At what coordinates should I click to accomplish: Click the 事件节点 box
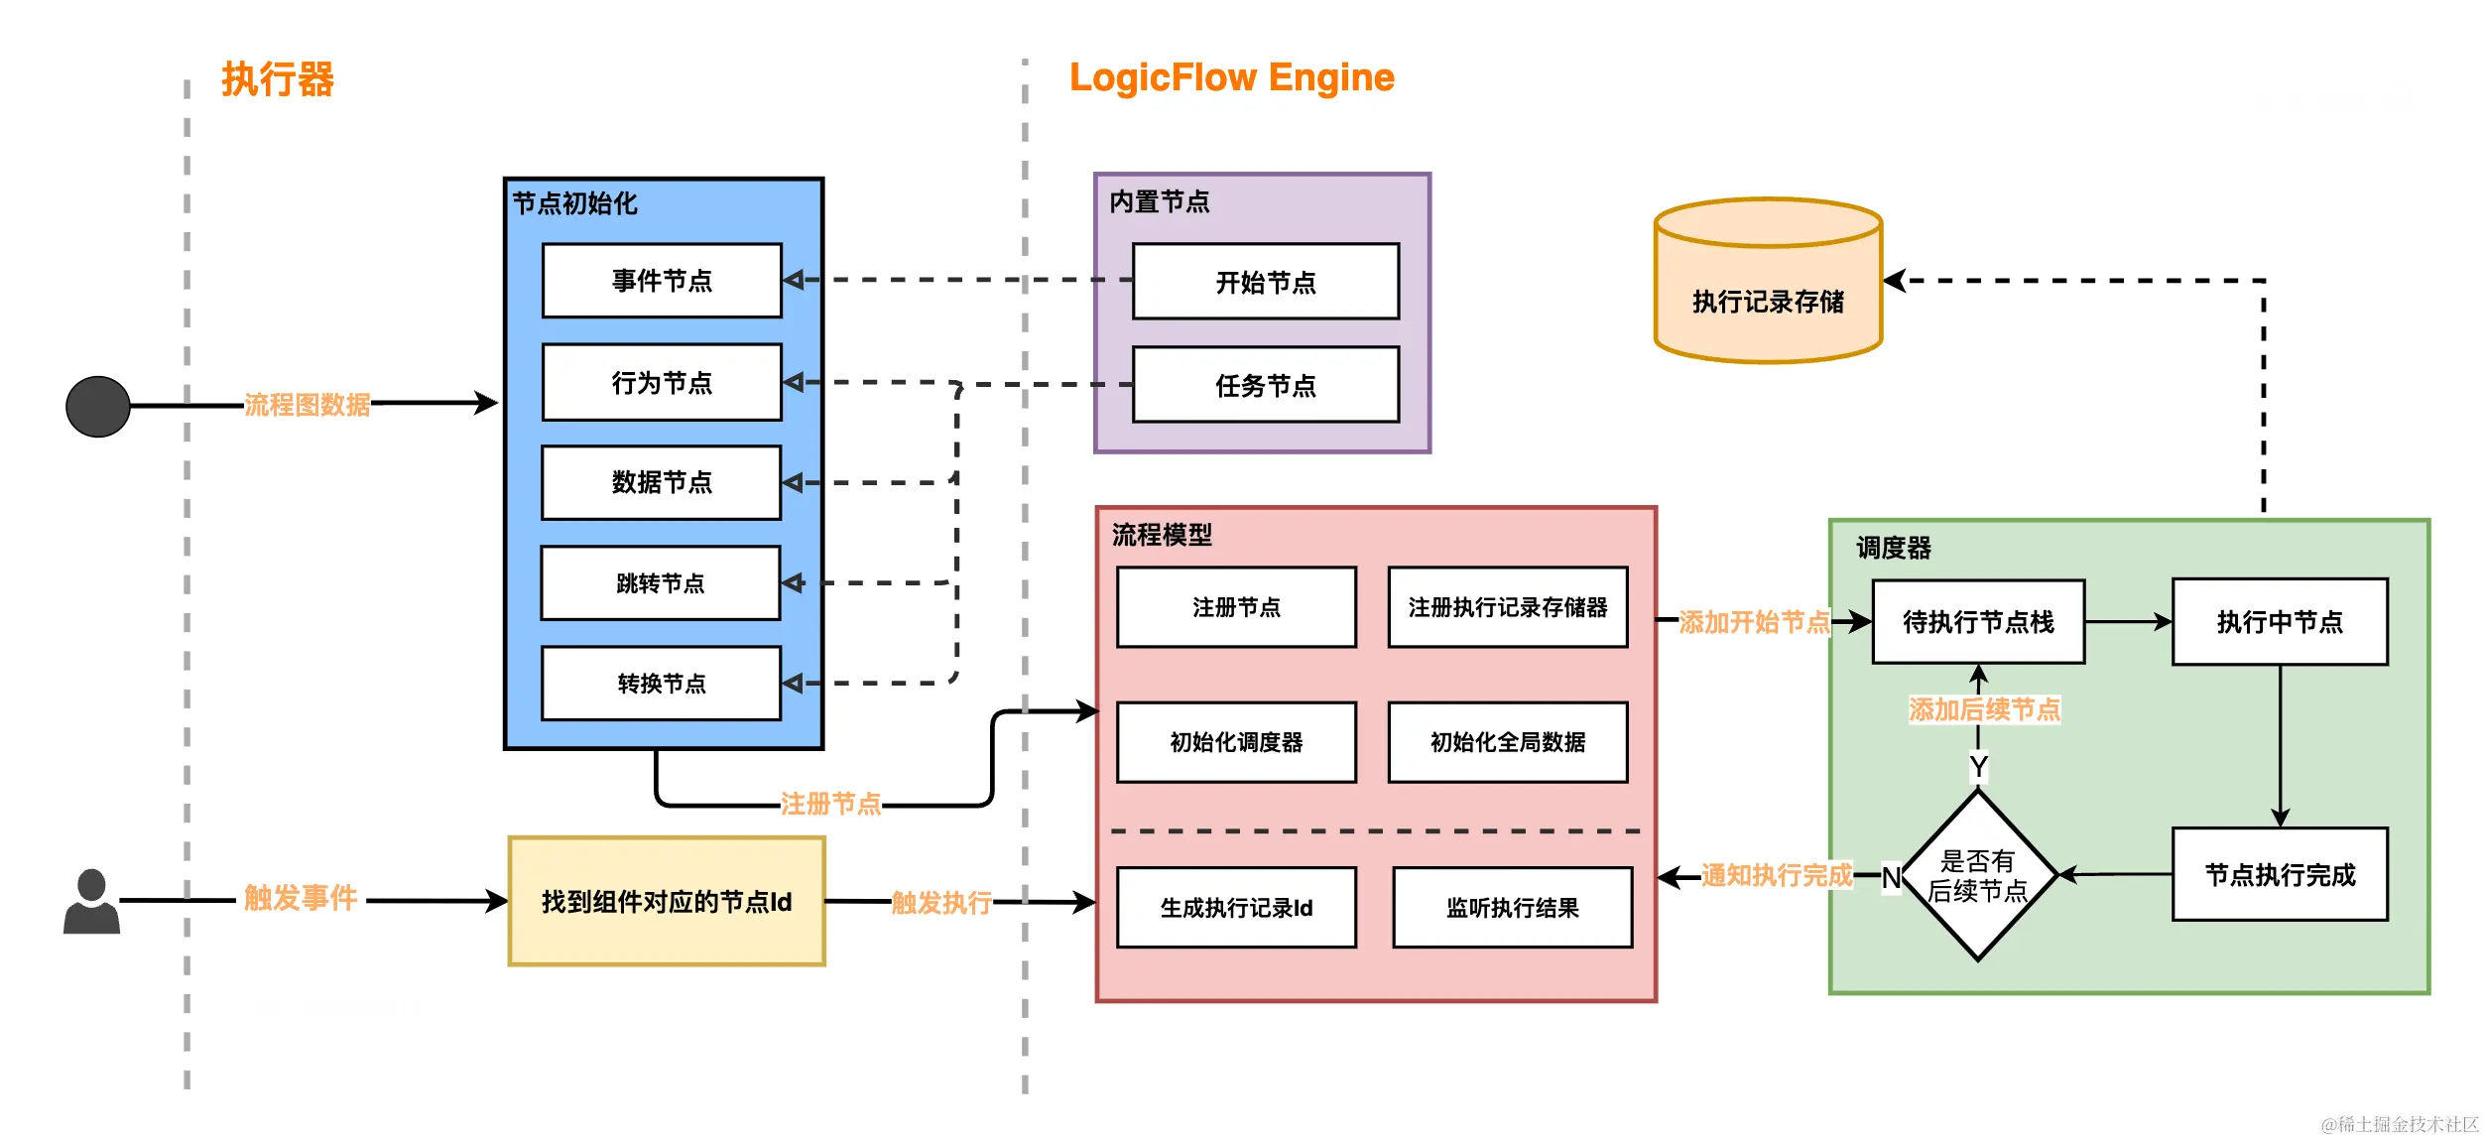662,281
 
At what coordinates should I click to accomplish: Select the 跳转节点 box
661,583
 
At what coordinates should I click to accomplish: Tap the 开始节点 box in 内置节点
1266,282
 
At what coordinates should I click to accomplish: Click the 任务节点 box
1266,385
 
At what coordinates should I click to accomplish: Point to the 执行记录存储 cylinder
1768,288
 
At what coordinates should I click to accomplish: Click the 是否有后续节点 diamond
1977,875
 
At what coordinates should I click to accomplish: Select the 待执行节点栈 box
1978,622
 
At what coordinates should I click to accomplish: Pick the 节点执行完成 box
2280,875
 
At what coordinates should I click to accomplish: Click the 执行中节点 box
2280,622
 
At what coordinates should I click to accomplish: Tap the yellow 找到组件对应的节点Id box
667,901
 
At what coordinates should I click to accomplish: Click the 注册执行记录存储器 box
1508,607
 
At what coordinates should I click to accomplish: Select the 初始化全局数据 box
1508,742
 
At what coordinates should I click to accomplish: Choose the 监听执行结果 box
1512,908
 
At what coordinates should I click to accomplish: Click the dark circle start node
97,407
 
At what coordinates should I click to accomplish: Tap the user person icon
91,901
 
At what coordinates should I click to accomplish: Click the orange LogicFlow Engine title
1231,77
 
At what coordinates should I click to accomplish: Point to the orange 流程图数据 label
307,405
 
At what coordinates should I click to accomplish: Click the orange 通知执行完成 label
1777,875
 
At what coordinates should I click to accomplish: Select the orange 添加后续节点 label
1984,709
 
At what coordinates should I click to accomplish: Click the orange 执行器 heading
278,79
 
